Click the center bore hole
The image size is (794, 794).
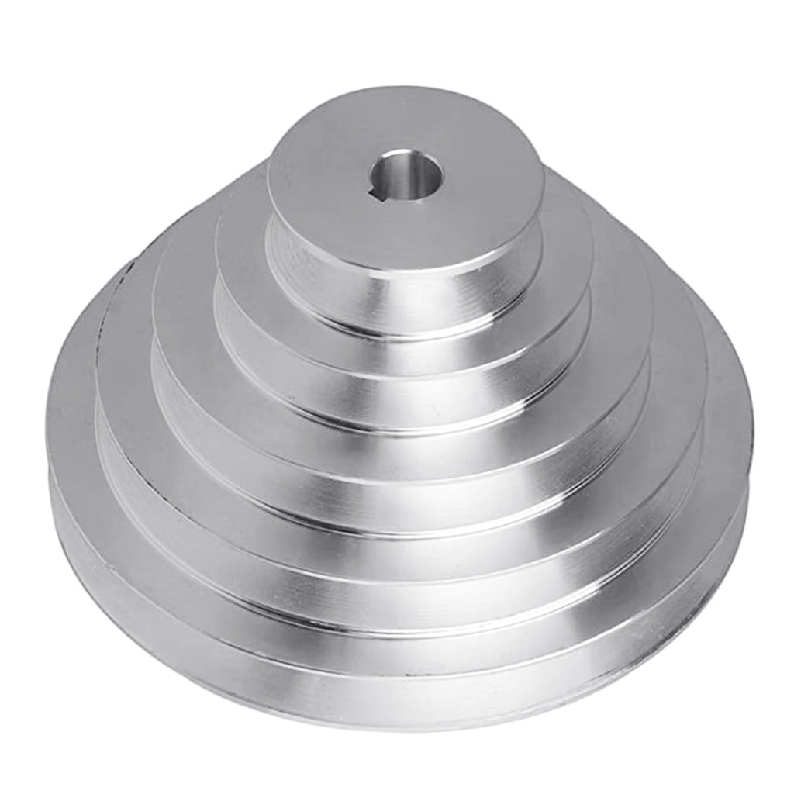tap(406, 178)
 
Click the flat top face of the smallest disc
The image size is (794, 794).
tap(465, 209)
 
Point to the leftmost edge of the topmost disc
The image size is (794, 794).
tap(268, 186)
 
